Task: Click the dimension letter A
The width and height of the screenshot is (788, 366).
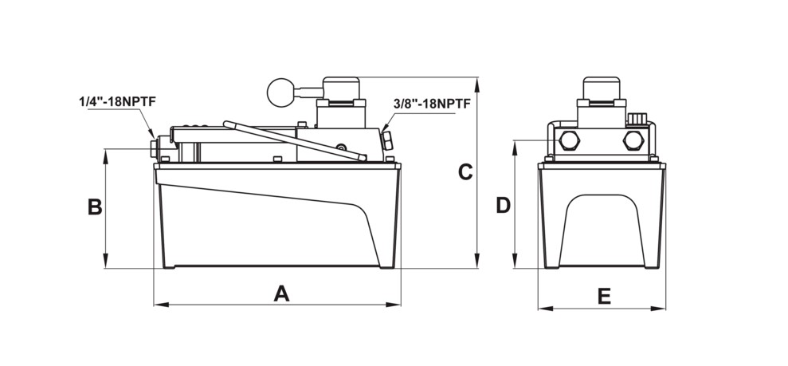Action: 281,293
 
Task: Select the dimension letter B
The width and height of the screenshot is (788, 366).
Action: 95,207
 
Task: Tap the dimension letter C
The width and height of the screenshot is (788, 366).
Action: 465,172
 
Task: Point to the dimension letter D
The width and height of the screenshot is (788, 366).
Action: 503,205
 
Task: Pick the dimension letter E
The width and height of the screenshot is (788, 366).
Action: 604,297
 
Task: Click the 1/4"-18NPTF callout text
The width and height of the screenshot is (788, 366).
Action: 118,101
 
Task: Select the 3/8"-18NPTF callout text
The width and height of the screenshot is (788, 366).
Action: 432,104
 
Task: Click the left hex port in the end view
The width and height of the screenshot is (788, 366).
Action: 570,140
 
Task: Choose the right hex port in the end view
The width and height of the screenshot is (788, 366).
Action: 633,140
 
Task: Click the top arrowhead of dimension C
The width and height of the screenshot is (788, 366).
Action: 477,85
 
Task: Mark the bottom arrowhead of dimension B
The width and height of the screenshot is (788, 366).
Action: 105,261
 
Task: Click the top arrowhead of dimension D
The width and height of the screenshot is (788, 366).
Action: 515,148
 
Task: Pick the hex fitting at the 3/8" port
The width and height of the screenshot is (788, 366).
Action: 387,140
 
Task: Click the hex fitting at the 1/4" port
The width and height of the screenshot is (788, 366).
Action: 155,148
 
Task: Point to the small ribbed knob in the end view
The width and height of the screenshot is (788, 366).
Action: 637,118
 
